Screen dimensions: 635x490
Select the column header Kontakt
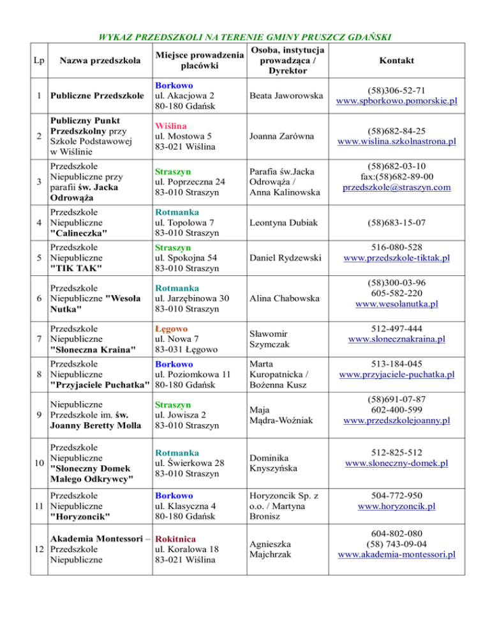[x=396, y=60]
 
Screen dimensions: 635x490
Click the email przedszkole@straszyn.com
[x=396, y=187]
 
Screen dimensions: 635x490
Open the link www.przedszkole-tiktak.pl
[x=396, y=257]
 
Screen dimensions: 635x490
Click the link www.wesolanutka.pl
[x=396, y=303]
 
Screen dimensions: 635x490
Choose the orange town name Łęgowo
[x=171, y=328]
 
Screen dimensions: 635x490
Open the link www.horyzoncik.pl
[x=396, y=507]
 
